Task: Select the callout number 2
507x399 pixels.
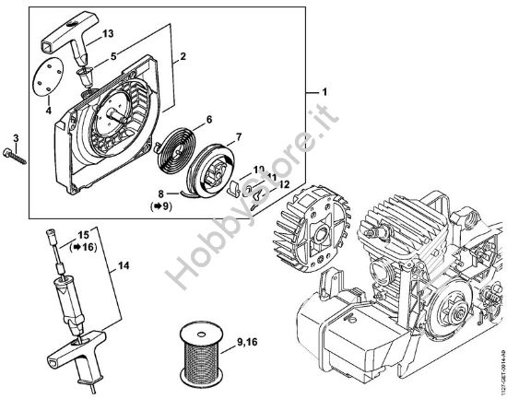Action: (x=183, y=57)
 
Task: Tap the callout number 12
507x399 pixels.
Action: (x=284, y=185)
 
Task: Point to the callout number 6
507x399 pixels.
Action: (x=208, y=120)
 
